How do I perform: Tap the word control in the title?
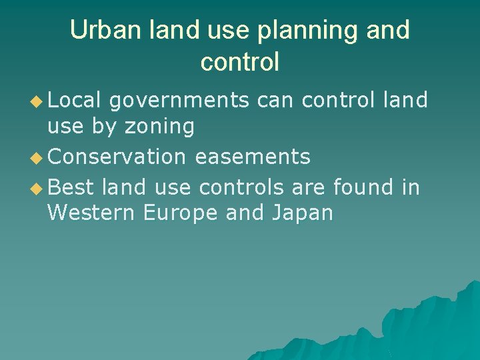(x=239, y=62)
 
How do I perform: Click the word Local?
(x=75, y=100)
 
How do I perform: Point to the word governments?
(x=179, y=101)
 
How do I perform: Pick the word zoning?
(x=162, y=125)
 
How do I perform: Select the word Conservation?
(x=117, y=157)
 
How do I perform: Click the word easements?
(x=253, y=157)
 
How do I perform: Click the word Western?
(x=91, y=213)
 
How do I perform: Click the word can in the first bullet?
(x=275, y=101)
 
